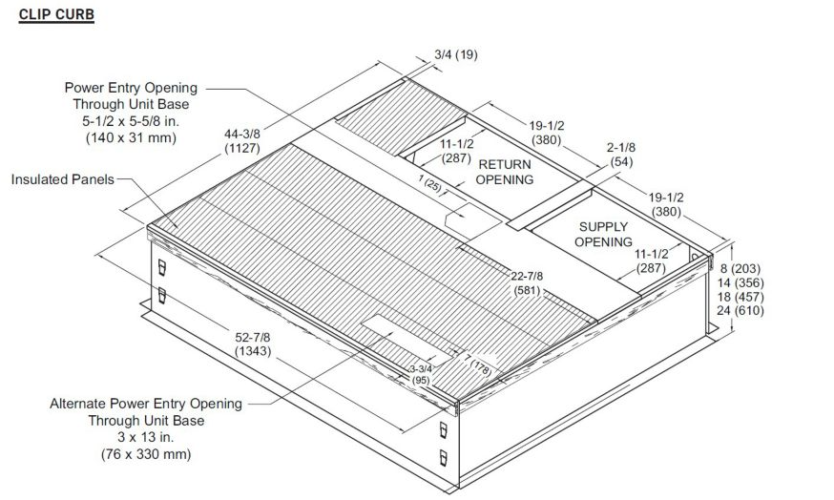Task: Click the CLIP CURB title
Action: (56, 14)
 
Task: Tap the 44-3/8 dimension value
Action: (242, 134)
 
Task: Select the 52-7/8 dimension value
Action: (253, 337)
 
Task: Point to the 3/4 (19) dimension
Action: (456, 54)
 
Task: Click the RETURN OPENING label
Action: (504, 173)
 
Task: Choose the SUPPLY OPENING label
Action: (603, 235)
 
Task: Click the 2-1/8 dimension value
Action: (620, 147)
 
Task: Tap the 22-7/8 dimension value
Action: (527, 276)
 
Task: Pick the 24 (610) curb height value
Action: (740, 311)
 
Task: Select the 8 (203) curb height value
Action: (740, 269)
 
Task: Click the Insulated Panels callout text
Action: (63, 179)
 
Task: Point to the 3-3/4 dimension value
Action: (421, 369)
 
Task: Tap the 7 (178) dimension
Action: (478, 365)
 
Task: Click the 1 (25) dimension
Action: (429, 183)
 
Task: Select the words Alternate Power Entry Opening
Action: (146, 404)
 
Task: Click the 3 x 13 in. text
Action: (146, 437)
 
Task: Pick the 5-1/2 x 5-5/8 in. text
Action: (131, 121)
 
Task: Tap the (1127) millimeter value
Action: (242, 148)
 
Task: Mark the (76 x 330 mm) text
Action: (146, 454)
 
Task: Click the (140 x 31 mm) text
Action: (131, 137)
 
